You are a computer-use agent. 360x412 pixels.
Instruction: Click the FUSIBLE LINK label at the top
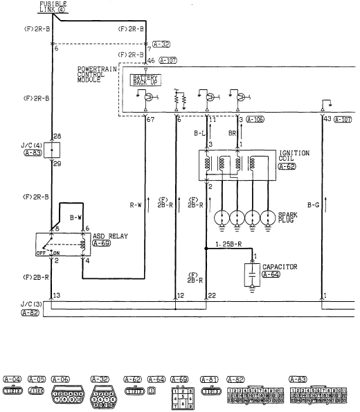pyautogui.click(x=53, y=7)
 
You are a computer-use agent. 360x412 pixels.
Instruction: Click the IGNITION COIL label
pyautogui.click(x=295, y=156)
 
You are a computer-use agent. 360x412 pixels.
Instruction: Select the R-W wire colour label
pyautogui.click(x=136, y=205)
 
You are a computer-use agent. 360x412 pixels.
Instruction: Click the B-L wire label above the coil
pyautogui.click(x=199, y=132)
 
